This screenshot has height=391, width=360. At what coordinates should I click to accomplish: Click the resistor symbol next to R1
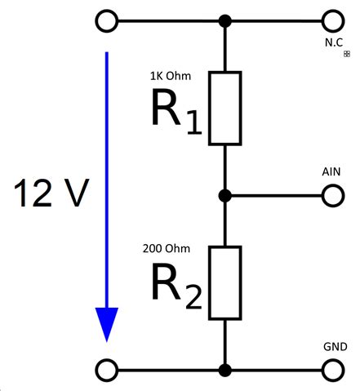click(224, 109)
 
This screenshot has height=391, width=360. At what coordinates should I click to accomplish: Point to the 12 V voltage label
click(51, 194)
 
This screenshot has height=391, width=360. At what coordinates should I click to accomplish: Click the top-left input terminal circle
click(106, 20)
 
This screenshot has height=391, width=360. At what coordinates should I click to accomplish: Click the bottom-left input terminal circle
click(106, 370)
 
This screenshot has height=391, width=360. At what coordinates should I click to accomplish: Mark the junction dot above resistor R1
click(224, 20)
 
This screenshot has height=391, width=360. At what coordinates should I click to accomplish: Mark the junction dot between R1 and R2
click(224, 196)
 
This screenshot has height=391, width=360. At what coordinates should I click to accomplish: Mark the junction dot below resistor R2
click(224, 370)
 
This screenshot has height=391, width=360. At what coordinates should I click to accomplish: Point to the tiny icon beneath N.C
click(347, 54)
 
